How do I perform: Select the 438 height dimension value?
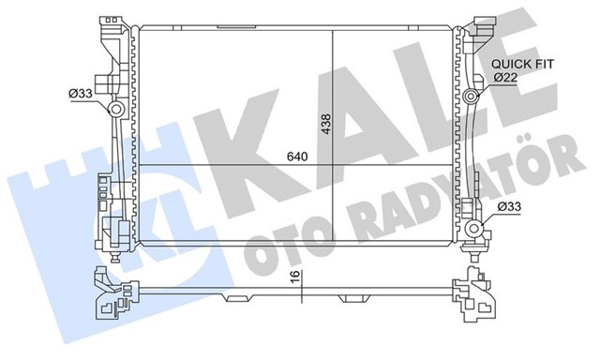point(324,125)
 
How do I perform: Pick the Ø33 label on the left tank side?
point(81,92)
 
